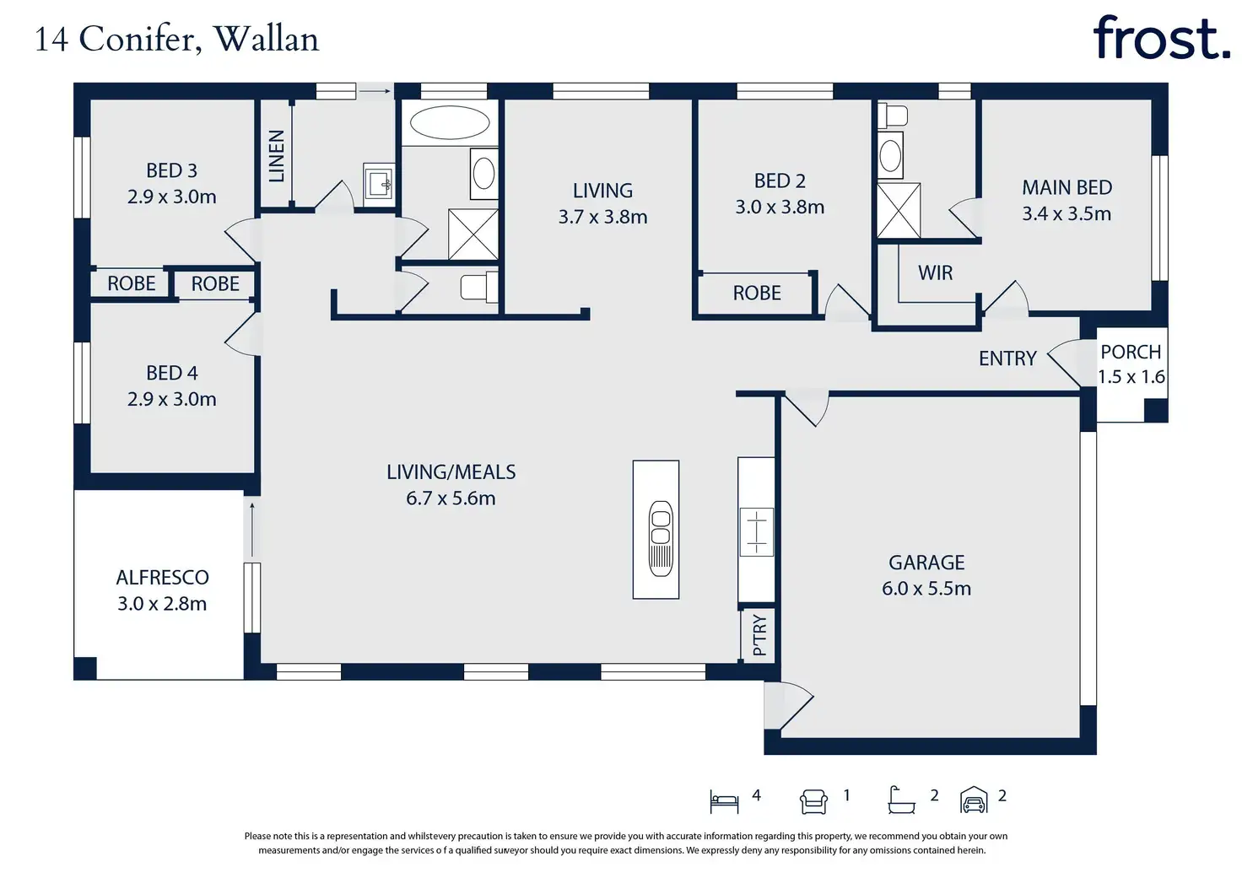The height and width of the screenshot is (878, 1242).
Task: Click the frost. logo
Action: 1161,38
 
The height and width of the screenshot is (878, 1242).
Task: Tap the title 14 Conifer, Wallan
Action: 177,40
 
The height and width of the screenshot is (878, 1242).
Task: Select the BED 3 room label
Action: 171,170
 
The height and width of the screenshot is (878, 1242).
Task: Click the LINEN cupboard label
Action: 276,156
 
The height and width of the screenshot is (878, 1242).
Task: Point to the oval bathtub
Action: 450,122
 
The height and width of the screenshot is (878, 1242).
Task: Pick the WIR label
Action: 936,272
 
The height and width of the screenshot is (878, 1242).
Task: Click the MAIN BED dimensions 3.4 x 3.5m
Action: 1066,214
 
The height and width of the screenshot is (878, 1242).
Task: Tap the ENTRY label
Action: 1007,358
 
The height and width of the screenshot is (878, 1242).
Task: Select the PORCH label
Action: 1131,352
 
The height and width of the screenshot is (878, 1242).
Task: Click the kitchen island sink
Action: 661,538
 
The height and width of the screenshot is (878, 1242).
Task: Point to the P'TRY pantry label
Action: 760,635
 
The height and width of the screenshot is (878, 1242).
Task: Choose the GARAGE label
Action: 926,563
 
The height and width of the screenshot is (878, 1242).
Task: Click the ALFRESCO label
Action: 163,578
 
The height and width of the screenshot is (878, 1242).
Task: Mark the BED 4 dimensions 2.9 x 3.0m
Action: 172,399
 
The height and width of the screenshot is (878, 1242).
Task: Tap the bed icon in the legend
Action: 724,801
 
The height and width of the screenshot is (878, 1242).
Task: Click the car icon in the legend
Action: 974,800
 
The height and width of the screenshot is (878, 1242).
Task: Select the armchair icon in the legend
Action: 813,801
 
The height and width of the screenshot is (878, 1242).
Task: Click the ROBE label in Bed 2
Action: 757,293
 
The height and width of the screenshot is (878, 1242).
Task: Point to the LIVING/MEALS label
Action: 451,472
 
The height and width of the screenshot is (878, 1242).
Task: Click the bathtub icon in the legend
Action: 901,800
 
